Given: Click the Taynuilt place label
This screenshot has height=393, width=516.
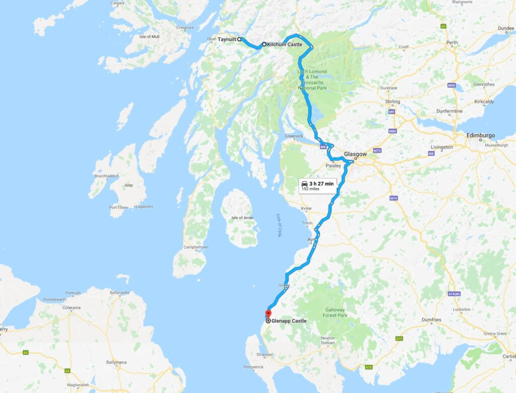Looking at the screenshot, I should [227, 39].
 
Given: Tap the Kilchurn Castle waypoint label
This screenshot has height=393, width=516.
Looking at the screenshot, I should [285, 44].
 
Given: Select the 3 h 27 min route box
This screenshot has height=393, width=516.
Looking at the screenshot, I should [317, 185].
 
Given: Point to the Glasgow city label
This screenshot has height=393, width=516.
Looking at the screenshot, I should [355, 154].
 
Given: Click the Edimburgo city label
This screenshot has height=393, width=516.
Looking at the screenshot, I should [481, 136].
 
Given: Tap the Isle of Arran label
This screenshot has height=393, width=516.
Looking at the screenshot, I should [242, 217].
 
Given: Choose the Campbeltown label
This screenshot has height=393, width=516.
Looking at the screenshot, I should [196, 247].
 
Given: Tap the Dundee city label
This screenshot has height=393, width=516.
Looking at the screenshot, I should [505, 28].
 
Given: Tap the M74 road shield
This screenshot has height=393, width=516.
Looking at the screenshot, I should [394, 199].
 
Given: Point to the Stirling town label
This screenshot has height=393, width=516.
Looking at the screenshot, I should [393, 102].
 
